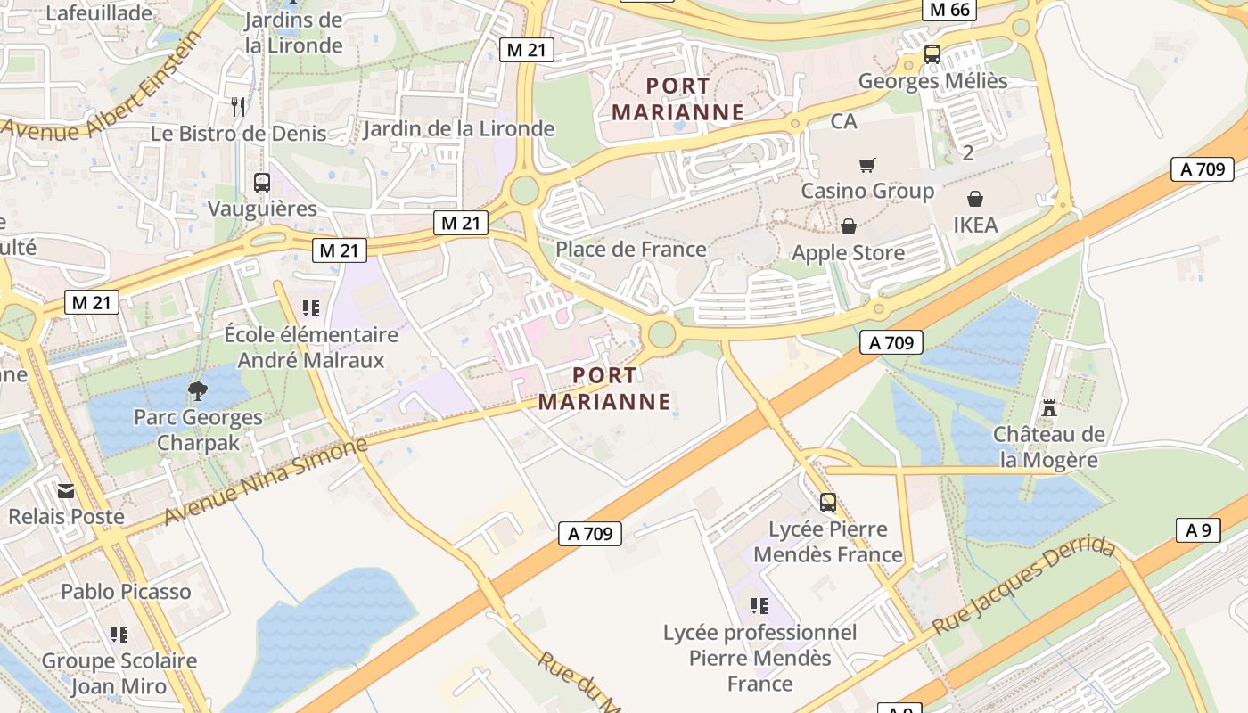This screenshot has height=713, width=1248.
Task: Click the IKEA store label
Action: click(x=976, y=225)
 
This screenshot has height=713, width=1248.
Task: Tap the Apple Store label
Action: click(x=848, y=253)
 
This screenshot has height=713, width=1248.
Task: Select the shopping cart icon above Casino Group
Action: click(x=866, y=165)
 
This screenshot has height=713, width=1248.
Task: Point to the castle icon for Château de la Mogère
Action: click(x=1049, y=408)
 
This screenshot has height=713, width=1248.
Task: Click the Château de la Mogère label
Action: click(x=1049, y=447)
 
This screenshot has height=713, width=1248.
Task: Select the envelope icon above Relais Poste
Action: click(x=66, y=490)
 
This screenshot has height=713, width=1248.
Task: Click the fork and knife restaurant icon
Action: click(x=238, y=107)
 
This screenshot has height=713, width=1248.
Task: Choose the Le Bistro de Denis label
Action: click(x=239, y=134)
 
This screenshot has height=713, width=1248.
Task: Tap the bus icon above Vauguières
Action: click(x=262, y=183)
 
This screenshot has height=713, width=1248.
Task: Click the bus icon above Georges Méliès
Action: click(x=932, y=54)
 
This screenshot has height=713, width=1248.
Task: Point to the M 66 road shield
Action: click(x=948, y=10)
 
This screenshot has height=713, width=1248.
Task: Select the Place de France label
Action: click(x=631, y=250)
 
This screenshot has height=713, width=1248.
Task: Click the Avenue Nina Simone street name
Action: click(x=266, y=481)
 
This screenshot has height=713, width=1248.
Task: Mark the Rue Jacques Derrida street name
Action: click(x=1024, y=586)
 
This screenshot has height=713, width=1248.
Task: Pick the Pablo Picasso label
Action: click(x=126, y=592)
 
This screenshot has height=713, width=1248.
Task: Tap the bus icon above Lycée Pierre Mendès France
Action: click(x=828, y=503)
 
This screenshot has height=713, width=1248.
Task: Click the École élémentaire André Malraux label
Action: click(x=311, y=348)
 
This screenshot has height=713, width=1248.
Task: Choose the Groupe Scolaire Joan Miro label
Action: click(x=119, y=674)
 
